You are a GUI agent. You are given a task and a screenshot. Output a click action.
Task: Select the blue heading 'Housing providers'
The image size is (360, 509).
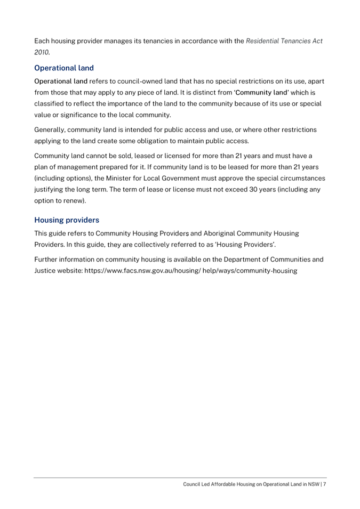click(67, 220)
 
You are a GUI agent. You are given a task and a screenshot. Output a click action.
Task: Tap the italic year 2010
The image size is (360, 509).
click(42, 52)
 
